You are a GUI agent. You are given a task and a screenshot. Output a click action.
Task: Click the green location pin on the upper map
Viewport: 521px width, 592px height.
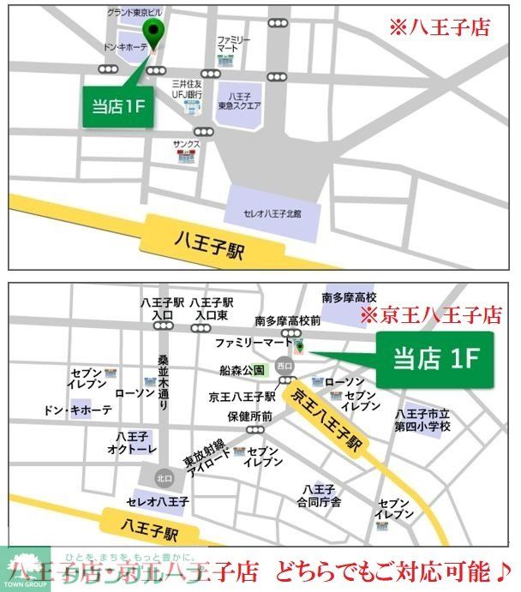155,32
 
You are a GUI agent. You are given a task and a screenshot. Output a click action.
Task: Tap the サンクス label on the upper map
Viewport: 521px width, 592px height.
186,144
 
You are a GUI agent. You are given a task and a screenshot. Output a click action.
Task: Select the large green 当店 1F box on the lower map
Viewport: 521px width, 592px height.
435,358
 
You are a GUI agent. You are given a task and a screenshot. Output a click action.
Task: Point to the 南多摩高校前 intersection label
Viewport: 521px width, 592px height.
287,320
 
